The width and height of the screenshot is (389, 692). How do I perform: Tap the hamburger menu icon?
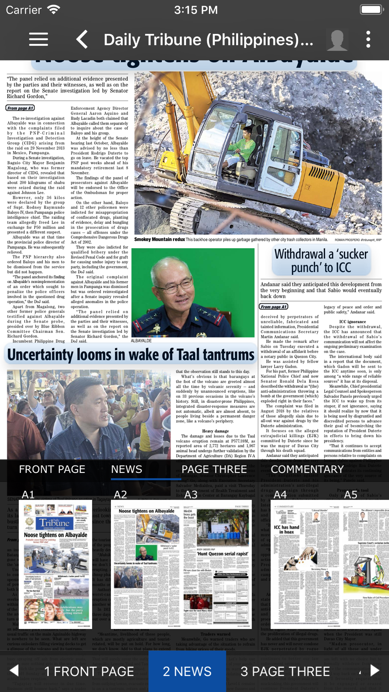click(x=39, y=39)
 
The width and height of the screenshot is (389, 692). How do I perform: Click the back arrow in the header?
click(x=82, y=39)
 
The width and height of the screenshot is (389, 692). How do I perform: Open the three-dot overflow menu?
click(x=368, y=39)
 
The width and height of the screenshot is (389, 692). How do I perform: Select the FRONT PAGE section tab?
click(x=52, y=469)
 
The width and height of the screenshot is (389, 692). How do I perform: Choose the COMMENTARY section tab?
click(x=307, y=469)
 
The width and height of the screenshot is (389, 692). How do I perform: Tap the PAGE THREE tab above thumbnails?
click(x=214, y=469)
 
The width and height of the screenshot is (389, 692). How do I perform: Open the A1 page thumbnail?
click(x=56, y=564)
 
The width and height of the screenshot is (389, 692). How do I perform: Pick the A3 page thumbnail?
click(x=217, y=564)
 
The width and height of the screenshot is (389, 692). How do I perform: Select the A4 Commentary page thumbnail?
click(x=305, y=564)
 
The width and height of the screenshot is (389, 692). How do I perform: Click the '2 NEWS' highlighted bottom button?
click(x=187, y=671)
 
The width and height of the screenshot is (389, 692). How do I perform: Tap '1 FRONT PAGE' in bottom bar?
click(x=89, y=671)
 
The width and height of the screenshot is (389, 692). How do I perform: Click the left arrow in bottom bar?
click(x=14, y=670)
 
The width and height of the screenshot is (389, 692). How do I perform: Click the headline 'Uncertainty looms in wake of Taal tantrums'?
click(x=131, y=355)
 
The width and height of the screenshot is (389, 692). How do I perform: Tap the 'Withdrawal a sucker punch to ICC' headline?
click(x=321, y=260)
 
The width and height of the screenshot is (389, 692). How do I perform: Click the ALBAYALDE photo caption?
click(x=141, y=341)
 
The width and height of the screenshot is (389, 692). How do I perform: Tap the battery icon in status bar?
click(x=371, y=10)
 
